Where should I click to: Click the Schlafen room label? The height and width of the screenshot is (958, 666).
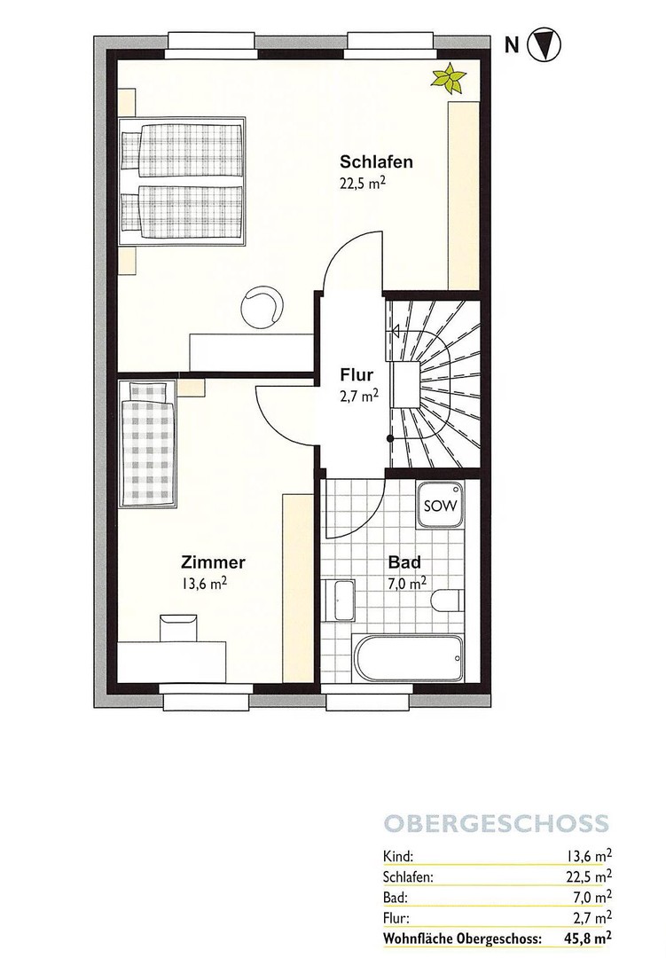pos(377,162)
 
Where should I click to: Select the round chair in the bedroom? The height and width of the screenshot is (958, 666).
pos(262,305)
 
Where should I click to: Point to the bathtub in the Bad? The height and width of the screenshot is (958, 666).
pos(407,658)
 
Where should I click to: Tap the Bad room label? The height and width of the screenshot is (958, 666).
pos(404,562)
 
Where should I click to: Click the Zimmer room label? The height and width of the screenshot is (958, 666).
pos(213,562)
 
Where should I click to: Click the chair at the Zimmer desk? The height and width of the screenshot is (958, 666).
pos(176,626)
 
